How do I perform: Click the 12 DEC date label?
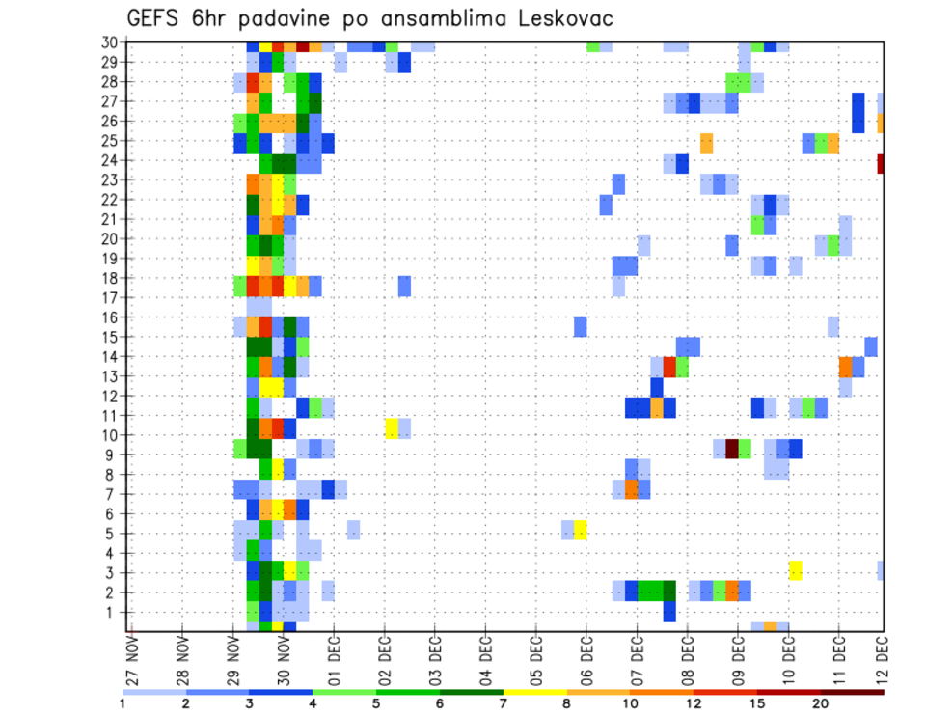[881, 658]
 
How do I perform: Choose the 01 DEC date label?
[334, 658]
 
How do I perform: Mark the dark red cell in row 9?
[732, 449]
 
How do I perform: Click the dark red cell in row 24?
[880, 163]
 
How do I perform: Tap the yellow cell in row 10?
[392, 427]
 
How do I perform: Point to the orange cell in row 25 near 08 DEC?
[707, 143]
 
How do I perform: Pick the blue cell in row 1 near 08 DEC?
[669, 612]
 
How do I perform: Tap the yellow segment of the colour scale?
[535, 692]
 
